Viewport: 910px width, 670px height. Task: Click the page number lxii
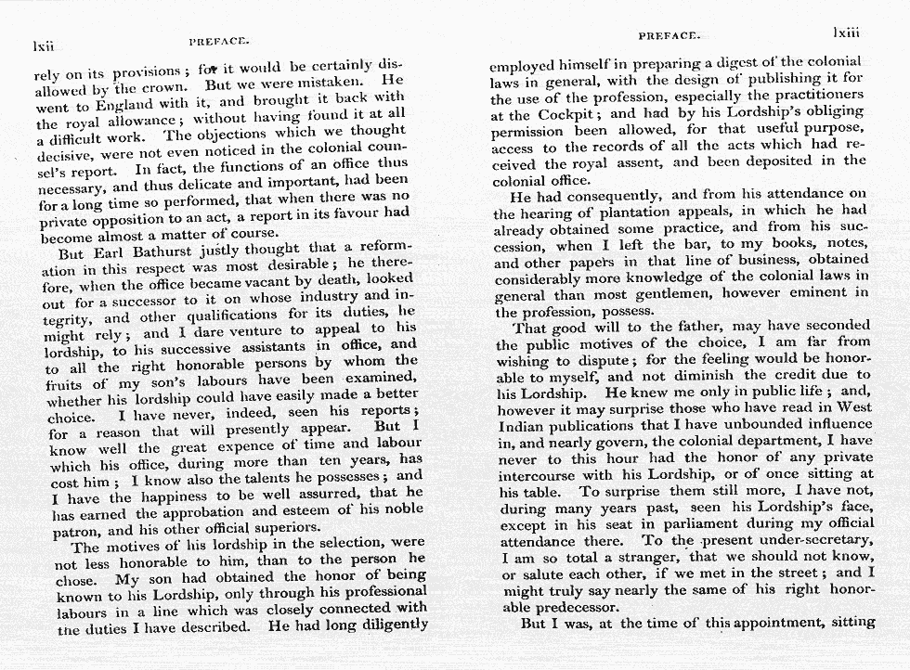(45, 45)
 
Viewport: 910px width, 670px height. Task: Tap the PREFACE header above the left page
(218, 41)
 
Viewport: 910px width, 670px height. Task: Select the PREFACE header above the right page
(669, 35)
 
